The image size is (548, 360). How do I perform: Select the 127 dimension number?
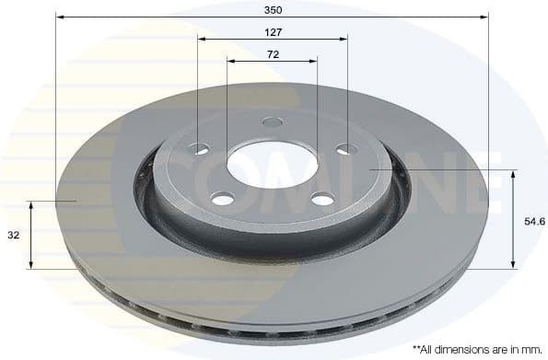[x=272, y=31]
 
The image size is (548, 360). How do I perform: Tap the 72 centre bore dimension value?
[x=273, y=55]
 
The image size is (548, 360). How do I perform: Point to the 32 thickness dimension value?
[x=13, y=236]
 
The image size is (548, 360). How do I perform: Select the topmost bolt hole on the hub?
[x=272, y=122]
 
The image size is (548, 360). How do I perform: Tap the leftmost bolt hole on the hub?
[x=200, y=149]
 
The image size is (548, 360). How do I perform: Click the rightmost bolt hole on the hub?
[x=345, y=149]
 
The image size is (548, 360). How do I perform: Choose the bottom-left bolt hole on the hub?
[x=222, y=197]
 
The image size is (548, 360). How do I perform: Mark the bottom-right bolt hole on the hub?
[x=321, y=198]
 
